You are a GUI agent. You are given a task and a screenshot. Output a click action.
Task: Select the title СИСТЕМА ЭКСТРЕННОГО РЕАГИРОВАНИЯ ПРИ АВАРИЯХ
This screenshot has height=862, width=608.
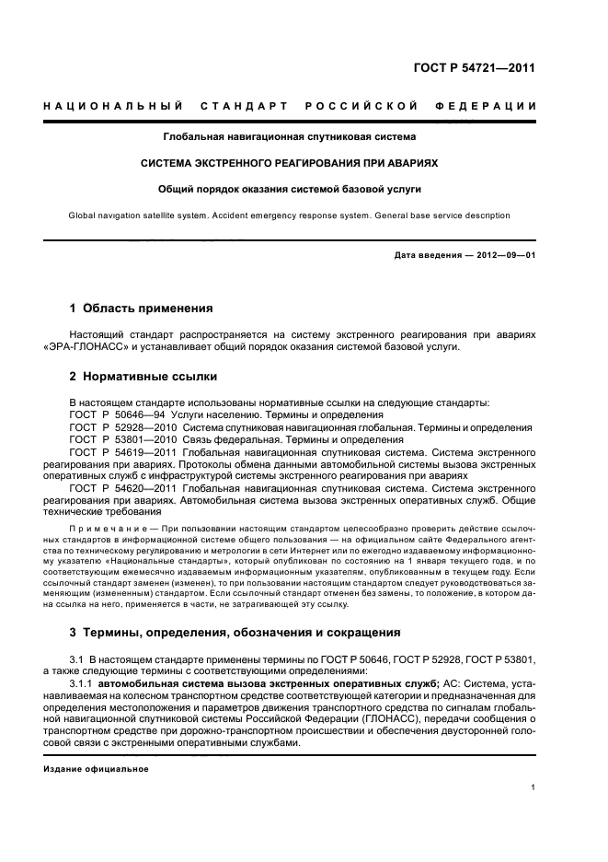click(289, 162)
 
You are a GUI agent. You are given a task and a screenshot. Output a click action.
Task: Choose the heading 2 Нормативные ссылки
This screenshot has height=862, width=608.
click(137, 377)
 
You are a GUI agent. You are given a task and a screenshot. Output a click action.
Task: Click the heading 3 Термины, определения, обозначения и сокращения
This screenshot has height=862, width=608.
click(235, 633)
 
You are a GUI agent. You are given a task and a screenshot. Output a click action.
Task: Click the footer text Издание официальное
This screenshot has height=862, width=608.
click(96, 768)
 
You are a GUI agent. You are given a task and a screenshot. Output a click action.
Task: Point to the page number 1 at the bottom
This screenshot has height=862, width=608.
click(533, 787)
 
